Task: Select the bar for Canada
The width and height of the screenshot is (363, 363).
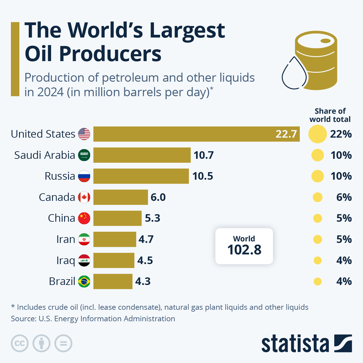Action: coord(120,197)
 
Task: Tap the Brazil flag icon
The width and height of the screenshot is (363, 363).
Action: coord(84,282)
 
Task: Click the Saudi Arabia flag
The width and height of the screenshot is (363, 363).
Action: coord(84,155)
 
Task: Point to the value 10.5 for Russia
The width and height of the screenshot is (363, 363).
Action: coord(203,176)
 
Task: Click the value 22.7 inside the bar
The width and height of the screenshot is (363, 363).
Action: coord(286,134)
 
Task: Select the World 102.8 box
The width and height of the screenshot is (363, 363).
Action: coord(244,246)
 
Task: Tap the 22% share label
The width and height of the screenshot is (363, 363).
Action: coord(341,134)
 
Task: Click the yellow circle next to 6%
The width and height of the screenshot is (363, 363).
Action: coord(317,198)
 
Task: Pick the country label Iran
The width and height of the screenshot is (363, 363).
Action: coord(66,239)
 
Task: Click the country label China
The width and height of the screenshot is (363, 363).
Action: coord(61,218)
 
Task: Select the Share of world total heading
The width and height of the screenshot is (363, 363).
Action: coord(330,115)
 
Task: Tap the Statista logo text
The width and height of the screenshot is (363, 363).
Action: coord(295,344)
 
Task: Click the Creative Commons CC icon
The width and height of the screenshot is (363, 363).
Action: coord(20,344)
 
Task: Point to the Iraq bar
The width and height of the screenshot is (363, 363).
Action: coord(114,260)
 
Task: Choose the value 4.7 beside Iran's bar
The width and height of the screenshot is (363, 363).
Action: coord(146,239)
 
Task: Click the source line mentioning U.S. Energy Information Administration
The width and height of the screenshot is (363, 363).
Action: coord(93,319)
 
